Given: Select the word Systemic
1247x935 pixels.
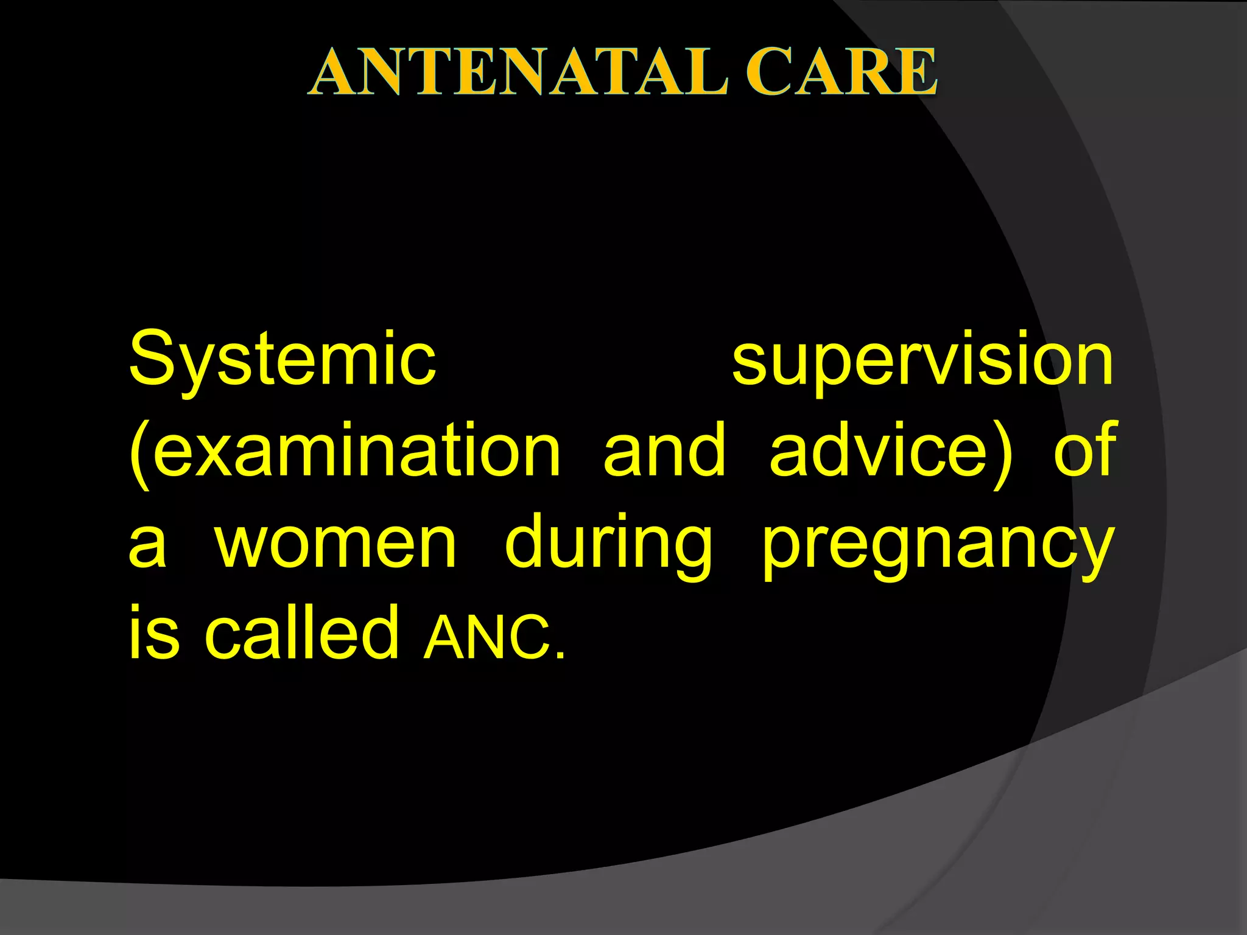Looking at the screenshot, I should pyautogui.click(x=283, y=359).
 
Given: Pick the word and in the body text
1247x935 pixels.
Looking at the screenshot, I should pyautogui.click(x=664, y=450).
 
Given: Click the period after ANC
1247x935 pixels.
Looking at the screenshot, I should pyautogui.click(x=560, y=656).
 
